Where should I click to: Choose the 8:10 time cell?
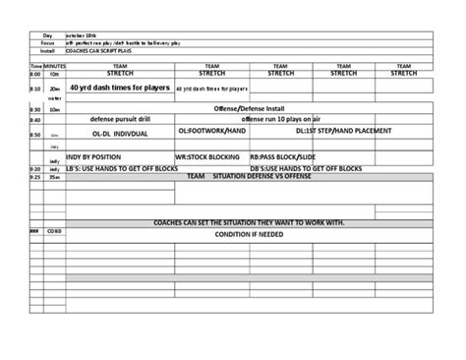point(34,89)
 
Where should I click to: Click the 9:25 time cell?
point(34,177)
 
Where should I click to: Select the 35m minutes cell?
point(55,177)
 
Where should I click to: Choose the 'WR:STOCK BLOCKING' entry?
point(210,156)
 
